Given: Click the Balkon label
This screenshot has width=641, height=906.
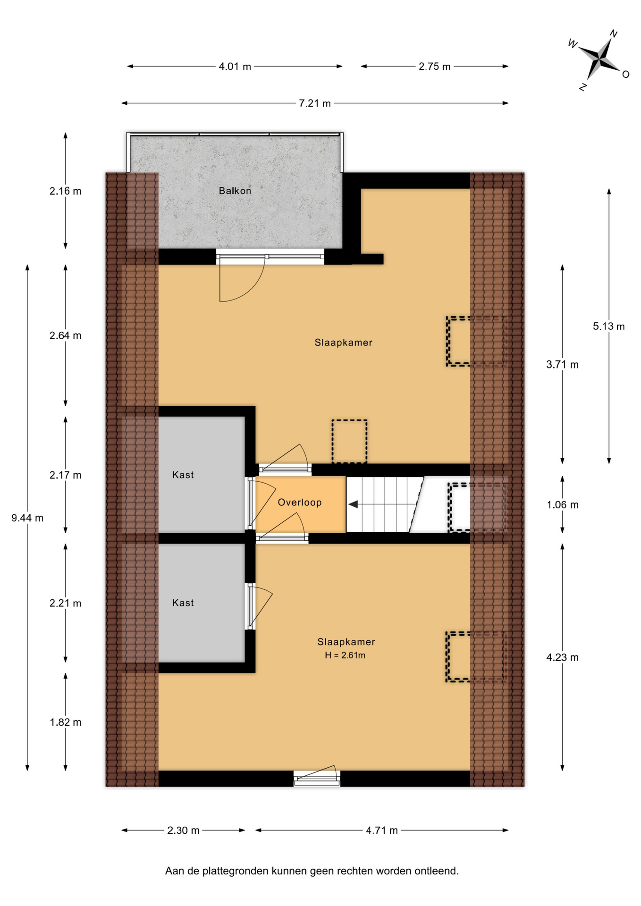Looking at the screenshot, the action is pyautogui.click(x=235, y=191).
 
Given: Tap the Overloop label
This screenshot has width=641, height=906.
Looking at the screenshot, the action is pyautogui.click(x=300, y=502).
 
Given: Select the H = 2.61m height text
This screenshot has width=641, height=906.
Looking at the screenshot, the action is pyautogui.click(x=345, y=655).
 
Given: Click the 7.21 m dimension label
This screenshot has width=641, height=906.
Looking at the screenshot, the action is pyautogui.click(x=315, y=103).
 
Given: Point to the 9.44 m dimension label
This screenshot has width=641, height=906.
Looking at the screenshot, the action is pyautogui.click(x=27, y=518).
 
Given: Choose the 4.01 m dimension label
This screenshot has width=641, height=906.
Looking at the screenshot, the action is pyautogui.click(x=235, y=67).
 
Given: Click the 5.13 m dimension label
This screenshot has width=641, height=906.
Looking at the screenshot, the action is pyautogui.click(x=609, y=326).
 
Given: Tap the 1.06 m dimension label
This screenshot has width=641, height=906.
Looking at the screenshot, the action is pyautogui.click(x=563, y=505).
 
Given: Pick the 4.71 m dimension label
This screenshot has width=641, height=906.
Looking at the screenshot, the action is pyautogui.click(x=382, y=830).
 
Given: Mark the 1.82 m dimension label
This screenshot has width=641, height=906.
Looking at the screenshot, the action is pyautogui.click(x=66, y=722).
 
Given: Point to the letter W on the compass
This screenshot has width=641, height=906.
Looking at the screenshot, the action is pyautogui.click(x=573, y=44).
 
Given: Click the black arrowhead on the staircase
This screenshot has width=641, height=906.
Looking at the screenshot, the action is pyautogui.click(x=353, y=504).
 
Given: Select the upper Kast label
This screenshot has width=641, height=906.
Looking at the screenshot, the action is pyautogui.click(x=183, y=475).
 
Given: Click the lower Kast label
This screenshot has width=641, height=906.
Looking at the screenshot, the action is pyautogui.click(x=183, y=603).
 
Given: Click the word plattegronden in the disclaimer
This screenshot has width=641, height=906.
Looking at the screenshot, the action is pyautogui.click(x=236, y=871).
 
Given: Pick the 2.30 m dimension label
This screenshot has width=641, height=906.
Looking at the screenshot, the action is pyautogui.click(x=183, y=830).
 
